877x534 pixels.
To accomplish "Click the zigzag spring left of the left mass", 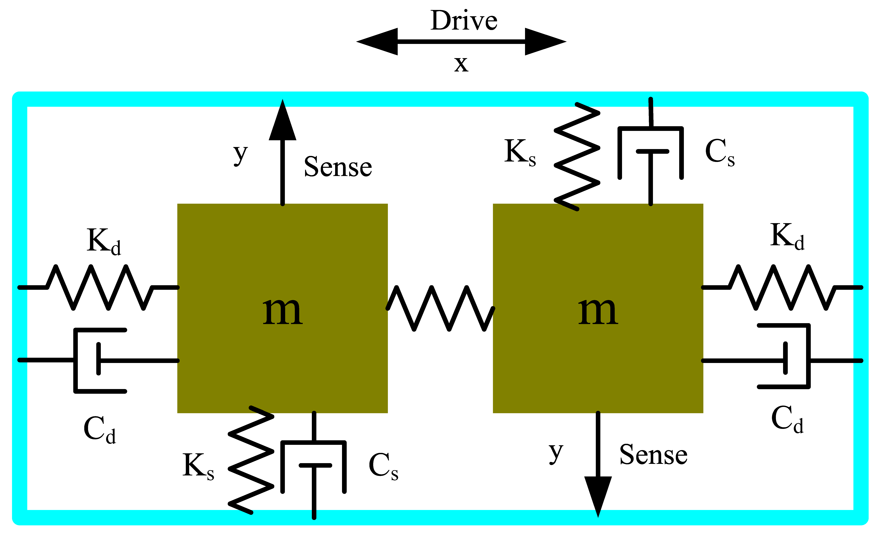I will click(x=100, y=287).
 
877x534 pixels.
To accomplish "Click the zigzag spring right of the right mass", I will click(x=782, y=287).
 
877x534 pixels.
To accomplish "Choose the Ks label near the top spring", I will click(x=520, y=152).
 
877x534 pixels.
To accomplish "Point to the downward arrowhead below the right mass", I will click(x=598, y=494).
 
